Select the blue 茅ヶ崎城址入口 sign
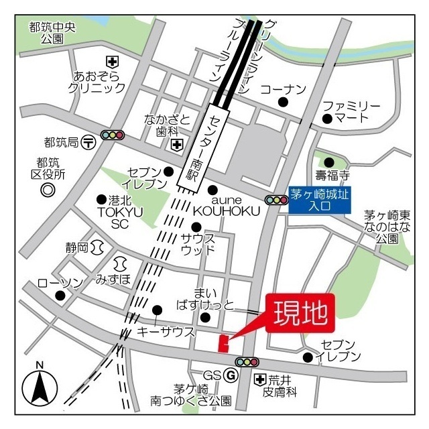(x=320, y=200)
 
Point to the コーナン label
(x=283, y=89)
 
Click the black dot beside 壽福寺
(x=328, y=162)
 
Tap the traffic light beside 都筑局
(x=112, y=135)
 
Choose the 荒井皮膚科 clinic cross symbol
(x=260, y=380)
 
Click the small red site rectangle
(x=223, y=343)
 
